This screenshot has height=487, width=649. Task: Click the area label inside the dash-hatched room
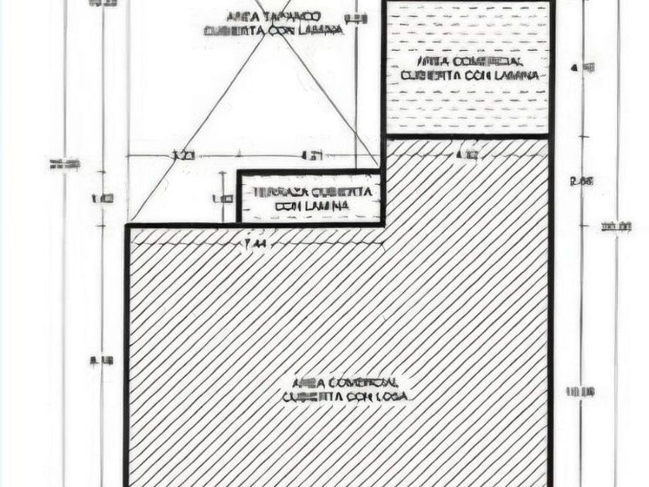(x=469, y=68)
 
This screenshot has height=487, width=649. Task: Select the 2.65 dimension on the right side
(x=581, y=182)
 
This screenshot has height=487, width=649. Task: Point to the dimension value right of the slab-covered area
(x=579, y=392)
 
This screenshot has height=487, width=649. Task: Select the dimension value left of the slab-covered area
(x=103, y=359)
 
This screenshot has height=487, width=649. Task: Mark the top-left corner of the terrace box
(x=238, y=172)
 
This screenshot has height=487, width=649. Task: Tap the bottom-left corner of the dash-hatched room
(x=385, y=137)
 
